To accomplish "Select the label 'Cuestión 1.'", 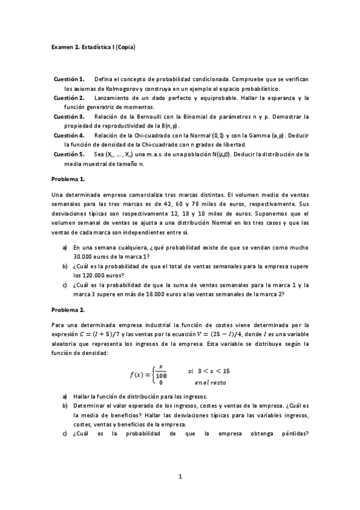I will coord(69,79).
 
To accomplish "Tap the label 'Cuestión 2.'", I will coord(69,97).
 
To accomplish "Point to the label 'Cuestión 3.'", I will coord(69,116).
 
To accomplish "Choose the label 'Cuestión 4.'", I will coord(69,135).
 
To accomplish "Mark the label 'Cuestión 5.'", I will coord(69,153).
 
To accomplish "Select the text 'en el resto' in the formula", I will coord(210,382).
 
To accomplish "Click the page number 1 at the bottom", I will coord(180,477).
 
